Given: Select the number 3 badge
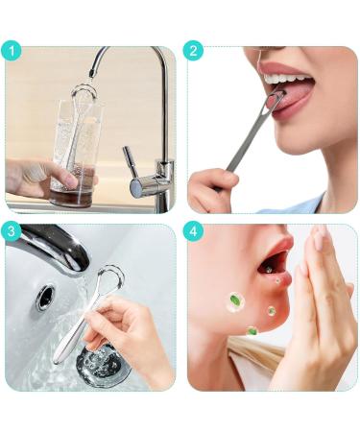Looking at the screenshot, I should (x=12, y=231).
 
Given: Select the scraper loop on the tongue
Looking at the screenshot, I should (x=276, y=99).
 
